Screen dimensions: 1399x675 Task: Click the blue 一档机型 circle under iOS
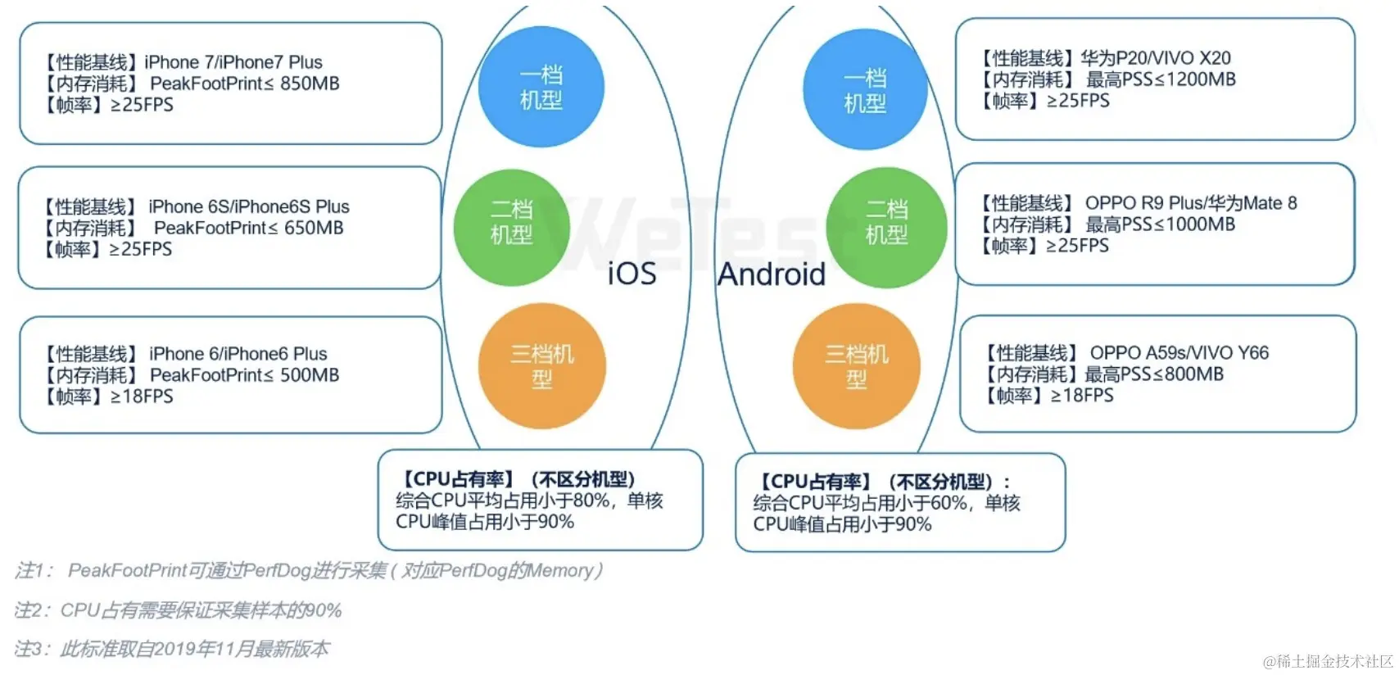541,88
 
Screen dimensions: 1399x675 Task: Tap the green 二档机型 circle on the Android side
886,223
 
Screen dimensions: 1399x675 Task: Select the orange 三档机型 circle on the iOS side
541,366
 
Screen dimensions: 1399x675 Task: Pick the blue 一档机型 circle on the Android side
865,90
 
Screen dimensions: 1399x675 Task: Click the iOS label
632,274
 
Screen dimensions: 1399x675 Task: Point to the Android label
772,274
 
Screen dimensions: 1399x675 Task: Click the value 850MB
310,84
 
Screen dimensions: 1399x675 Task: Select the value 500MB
310,375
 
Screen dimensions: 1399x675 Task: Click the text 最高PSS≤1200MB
1161,79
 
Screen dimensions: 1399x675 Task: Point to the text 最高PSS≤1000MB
1160,224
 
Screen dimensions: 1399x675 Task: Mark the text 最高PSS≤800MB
1154,374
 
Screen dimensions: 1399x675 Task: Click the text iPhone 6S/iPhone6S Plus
249,206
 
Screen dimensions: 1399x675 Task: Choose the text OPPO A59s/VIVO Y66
1179,353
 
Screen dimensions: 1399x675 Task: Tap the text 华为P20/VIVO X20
1155,58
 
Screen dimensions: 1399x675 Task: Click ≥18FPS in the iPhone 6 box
142,396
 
